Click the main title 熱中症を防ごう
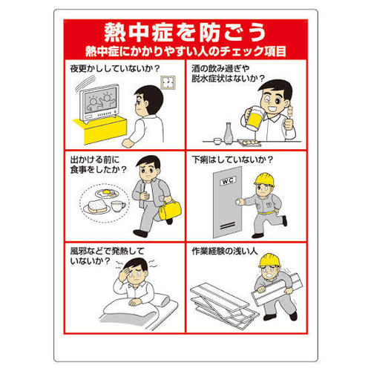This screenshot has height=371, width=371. tap(185, 33)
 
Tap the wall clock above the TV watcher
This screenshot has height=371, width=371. tap(168, 82)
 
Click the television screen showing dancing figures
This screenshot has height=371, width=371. tap(99, 101)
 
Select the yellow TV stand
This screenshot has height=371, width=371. tap(101, 129)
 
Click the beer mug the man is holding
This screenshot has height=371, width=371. tap(255, 119)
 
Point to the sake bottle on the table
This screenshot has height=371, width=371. tap(228, 133)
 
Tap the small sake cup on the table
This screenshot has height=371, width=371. tap(217, 141)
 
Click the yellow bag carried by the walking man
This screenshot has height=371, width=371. tap(170, 209)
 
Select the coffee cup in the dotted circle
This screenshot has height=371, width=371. tap(118, 206)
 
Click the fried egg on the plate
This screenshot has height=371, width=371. tap(106, 193)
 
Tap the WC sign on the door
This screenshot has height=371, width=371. tap(228, 180)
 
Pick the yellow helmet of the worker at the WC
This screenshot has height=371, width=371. tap(264, 180)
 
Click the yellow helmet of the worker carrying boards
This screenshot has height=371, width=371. tap(269, 260)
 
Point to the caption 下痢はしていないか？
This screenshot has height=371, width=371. tap(232, 160)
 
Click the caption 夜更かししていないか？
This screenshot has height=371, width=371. tap(115, 68)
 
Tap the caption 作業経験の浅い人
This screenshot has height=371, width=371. tap(225, 251)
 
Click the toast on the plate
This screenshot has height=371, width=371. tap(98, 206)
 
